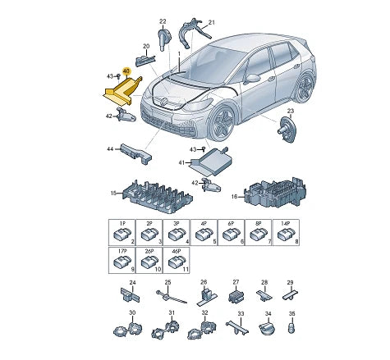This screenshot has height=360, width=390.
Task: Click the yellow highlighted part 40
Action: [122, 91]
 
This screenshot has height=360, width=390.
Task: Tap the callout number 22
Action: [162, 21]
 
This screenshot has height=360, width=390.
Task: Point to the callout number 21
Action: [210, 22]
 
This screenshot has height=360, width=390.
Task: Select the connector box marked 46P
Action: [176, 259]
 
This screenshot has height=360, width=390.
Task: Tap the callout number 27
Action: [236, 281]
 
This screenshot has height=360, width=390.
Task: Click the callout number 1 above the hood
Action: [179, 52]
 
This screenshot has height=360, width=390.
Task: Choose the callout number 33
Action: [241, 315]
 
